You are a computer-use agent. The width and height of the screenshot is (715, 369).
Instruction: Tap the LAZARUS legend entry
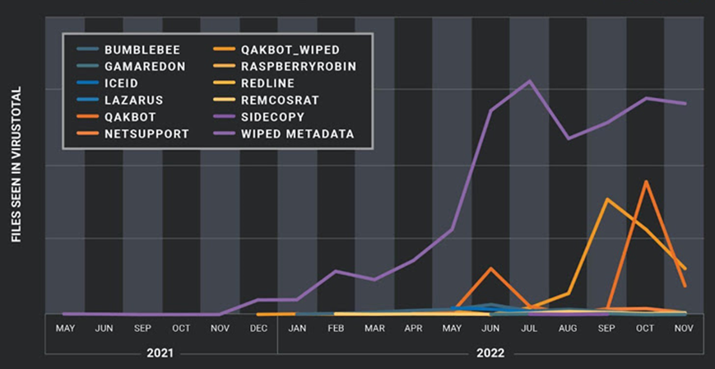[x=133, y=100]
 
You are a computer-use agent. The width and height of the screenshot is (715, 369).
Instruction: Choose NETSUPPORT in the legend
[x=146, y=133]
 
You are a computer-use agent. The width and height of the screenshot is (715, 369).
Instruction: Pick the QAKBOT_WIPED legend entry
[x=290, y=50]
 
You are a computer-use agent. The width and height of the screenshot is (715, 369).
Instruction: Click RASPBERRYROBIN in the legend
[x=299, y=67]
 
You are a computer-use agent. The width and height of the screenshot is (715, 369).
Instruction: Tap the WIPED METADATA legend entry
[x=298, y=133]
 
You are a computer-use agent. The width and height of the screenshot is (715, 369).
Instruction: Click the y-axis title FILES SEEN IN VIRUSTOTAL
[x=16, y=166]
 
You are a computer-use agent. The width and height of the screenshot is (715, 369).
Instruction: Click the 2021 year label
[x=160, y=353]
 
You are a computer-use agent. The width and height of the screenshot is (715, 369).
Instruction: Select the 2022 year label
[x=490, y=353]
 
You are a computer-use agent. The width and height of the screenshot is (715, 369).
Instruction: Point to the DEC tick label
[x=258, y=329]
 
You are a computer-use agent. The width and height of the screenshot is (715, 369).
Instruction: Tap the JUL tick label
[x=529, y=329]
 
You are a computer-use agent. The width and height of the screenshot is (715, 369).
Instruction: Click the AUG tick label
[x=568, y=329]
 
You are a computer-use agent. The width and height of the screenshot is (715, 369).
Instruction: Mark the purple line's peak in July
[x=529, y=81]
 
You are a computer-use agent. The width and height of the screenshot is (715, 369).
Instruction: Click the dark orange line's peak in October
[x=646, y=181]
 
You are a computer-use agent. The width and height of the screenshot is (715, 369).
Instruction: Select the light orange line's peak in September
[x=607, y=199]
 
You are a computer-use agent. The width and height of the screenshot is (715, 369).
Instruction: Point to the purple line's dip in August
[x=568, y=138]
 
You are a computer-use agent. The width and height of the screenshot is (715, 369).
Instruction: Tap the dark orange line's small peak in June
[x=490, y=269]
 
